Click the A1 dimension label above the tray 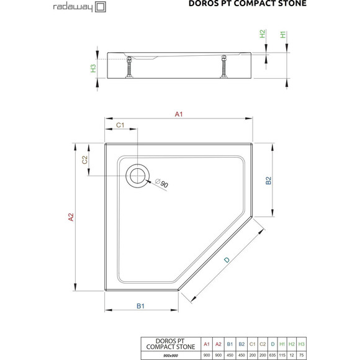click(x=179, y=114)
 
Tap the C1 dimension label click(x=121, y=126)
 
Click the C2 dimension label click(x=86, y=160)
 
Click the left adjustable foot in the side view click(x=130, y=66)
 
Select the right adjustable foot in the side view click(x=222, y=65)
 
